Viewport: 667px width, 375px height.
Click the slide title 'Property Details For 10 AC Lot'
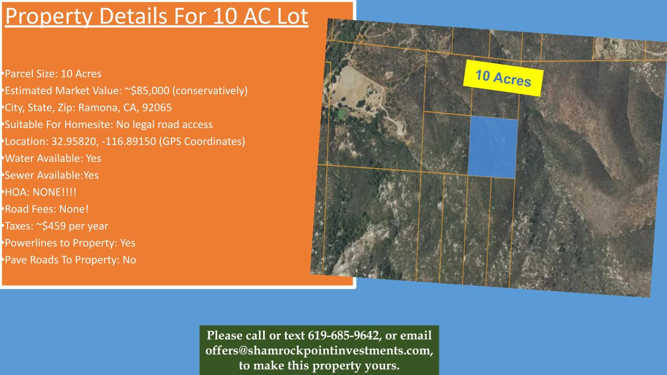pyautogui.click(x=157, y=17)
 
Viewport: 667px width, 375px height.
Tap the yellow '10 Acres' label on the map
pyautogui.click(x=503, y=78)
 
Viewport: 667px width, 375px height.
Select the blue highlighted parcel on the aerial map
pyautogui.click(x=493, y=147)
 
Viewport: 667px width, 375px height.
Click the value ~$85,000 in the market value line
pyautogui.click(x=147, y=91)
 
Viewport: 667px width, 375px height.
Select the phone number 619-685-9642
pyautogui.click(x=343, y=335)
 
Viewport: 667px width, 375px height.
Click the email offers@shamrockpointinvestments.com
pyautogui.click(x=318, y=351)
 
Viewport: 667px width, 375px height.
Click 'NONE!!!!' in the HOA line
pyautogui.click(x=54, y=192)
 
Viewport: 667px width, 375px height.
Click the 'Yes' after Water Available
pyautogui.click(x=93, y=158)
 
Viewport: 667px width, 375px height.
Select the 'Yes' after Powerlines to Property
pyautogui.click(x=128, y=243)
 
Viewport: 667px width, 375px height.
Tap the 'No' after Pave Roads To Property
pyautogui.click(x=129, y=260)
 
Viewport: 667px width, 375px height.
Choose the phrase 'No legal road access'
pyautogui.click(x=164, y=124)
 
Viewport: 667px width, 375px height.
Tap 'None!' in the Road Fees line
pyautogui.click(x=74, y=209)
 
